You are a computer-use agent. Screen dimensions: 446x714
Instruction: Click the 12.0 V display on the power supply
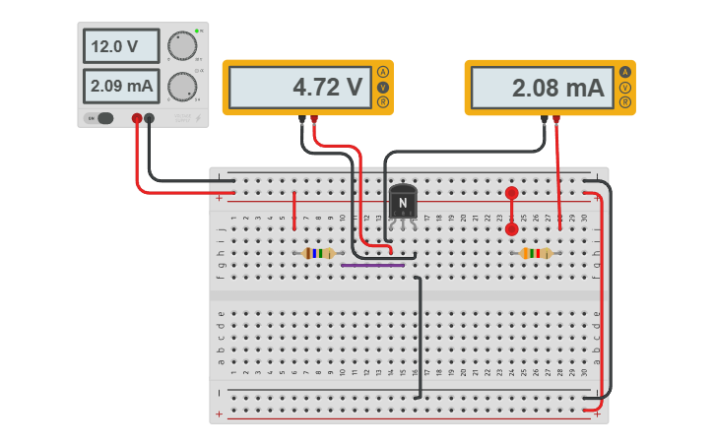pyautogui.click(x=121, y=46)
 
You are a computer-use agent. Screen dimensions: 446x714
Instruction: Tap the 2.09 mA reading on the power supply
pyautogui.click(x=121, y=87)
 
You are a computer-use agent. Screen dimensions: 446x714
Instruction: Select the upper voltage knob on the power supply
pyautogui.click(x=181, y=45)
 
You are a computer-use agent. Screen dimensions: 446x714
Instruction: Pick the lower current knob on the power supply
pyautogui.click(x=181, y=87)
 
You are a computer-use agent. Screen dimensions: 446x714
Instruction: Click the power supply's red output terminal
pyautogui.click(x=137, y=119)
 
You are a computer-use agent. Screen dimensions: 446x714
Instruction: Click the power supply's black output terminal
pyautogui.click(x=150, y=119)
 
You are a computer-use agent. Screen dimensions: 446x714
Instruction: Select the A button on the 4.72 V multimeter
pyautogui.click(x=383, y=73)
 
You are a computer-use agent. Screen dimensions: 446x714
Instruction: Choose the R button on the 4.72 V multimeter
pyautogui.click(x=383, y=102)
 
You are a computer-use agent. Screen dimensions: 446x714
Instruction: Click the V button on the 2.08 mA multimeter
pyautogui.click(x=625, y=88)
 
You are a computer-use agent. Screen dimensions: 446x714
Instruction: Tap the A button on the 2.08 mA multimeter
pyautogui.click(x=625, y=73)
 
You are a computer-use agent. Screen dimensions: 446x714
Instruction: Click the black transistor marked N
pyautogui.click(x=403, y=202)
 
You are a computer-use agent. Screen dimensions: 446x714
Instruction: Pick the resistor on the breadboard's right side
pyautogui.click(x=536, y=254)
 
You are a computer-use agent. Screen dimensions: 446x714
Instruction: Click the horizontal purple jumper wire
pyautogui.click(x=372, y=265)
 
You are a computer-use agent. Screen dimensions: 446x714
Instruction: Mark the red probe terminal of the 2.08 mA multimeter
pyautogui.click(x=556, y=120)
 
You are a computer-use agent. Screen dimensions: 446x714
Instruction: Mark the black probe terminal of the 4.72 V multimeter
pyautogui.click(x=301, y=120)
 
